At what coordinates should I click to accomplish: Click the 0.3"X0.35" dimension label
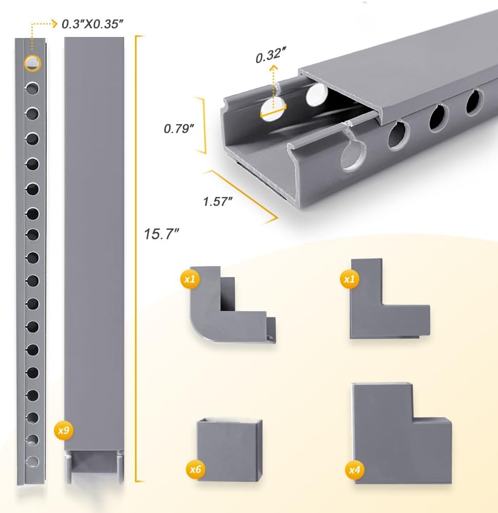(92, 24)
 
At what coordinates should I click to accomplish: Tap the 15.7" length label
(161, 234)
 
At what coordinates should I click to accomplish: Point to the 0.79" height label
(179, 129)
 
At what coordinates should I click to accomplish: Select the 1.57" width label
(218, 201)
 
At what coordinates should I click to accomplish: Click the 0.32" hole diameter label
(271, 55)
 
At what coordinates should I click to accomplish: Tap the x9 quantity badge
(64, 430)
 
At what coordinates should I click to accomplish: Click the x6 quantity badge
(196, 469)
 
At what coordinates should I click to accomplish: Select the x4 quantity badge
(355, 470)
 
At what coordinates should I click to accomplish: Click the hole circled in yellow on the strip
(32, 63)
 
